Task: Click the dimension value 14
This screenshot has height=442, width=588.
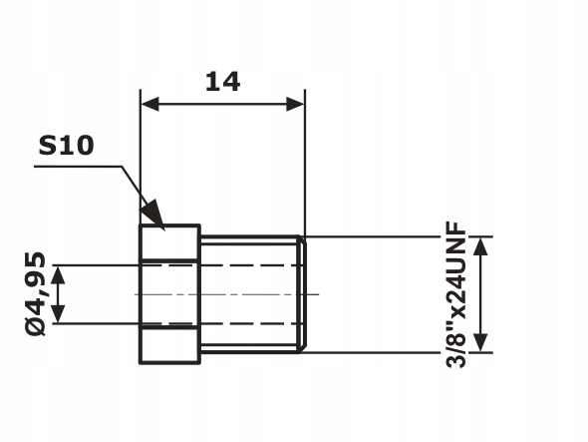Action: click(223, 80)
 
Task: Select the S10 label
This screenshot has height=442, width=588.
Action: click(66, 146)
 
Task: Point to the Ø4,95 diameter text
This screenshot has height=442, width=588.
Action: click(35, 293)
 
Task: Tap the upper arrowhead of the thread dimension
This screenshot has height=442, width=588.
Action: click(481, 245)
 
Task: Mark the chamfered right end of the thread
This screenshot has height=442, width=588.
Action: click(304, 294)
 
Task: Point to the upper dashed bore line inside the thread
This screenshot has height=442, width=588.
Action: click(249, 265)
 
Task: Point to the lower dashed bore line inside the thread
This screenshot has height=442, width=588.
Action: click(249, 323)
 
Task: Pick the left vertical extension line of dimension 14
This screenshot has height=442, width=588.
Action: click(141, 160)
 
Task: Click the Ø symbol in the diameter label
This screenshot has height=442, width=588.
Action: click(35, 326)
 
